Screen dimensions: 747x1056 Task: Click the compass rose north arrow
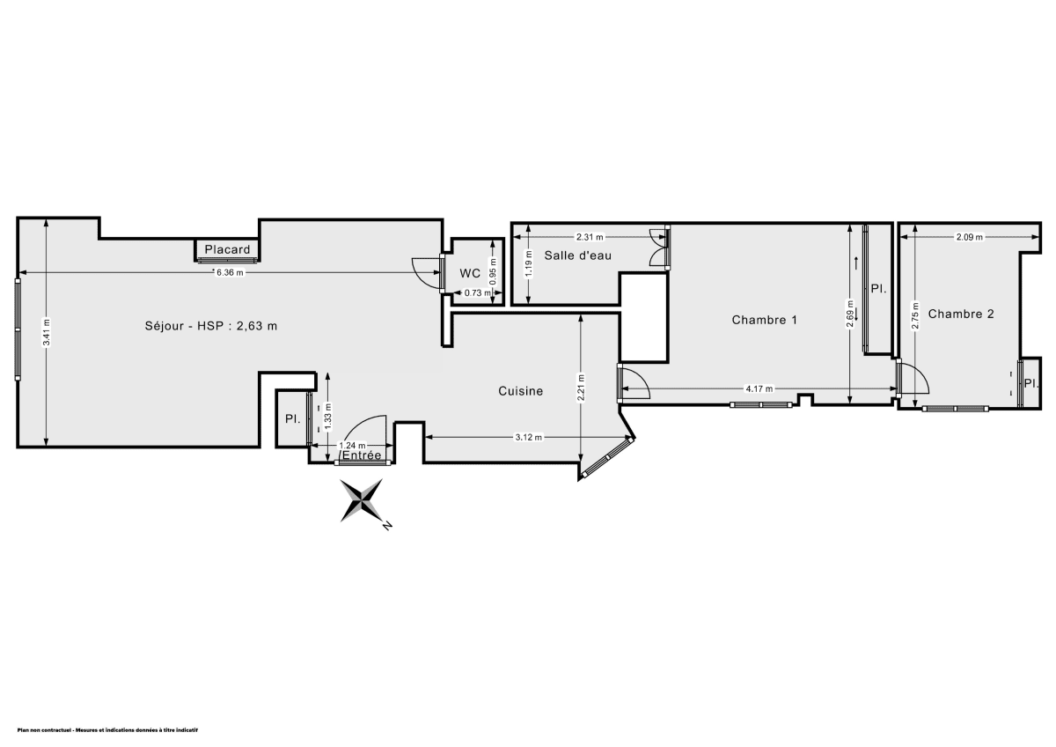(x=363, y=500)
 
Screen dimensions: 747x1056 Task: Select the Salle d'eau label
(x=577, y=255)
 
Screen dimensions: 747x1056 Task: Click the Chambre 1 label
(x=764, y=320)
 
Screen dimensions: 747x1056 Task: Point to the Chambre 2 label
(x=961, y=314)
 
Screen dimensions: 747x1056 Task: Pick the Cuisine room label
(x=520, y=391)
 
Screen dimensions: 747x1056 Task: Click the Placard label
(x=227, y=249)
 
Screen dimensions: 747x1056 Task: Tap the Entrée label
(x=361, y=455)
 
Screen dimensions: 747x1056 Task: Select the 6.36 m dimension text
(x=230, y=273)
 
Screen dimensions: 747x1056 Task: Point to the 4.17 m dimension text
(x=759, y=388)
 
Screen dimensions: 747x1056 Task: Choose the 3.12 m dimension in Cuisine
(x=528, y=437)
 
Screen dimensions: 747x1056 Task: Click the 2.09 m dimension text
(x=969, y=237)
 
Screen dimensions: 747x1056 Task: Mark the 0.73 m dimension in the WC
(x=476, y=293)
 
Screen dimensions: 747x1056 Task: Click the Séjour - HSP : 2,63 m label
(x=211, y=326)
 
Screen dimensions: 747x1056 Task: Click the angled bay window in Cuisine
(x=607, y=458)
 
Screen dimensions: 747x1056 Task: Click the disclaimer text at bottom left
(x=107, y=730)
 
